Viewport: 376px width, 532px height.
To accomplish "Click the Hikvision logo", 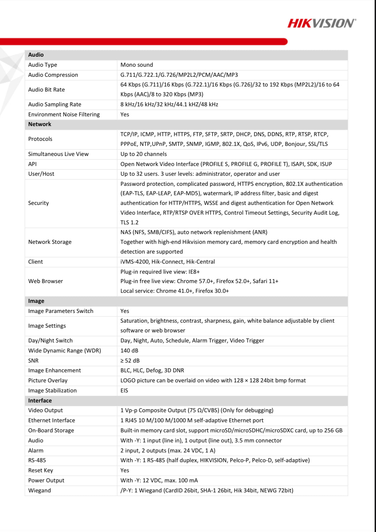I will click(x=321, y=23).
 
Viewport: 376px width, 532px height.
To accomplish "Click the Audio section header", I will click(x=36, y=55).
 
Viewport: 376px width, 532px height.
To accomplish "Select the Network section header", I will click(x=40, y=124).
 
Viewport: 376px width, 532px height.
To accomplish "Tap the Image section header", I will click(x=36, y=301).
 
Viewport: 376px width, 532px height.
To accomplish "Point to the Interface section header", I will click(x=40, y=401).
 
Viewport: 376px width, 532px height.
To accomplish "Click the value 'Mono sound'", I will click(x=137, y=65).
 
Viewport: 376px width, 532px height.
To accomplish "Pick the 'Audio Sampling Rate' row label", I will click(x=55, y=104).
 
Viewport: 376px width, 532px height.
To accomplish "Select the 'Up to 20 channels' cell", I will click(x=144, y=154).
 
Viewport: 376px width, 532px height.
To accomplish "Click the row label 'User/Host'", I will click(x=41, y=174).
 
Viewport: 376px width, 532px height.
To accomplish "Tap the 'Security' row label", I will click(x=39, y=203).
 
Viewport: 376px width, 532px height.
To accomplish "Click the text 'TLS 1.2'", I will click(x=129, y=222).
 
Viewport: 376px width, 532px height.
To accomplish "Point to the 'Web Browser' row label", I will click(x=46, y=281).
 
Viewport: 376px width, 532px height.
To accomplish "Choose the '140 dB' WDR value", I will click(x=129, y=351).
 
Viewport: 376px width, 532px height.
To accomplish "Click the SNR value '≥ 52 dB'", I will click(x=130, y=361).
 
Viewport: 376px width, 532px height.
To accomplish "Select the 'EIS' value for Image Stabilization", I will click(x=124, y=390).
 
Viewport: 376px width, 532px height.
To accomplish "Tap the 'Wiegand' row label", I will click(x=40, y=490).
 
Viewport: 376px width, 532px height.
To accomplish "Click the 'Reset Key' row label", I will click(x=41, y=470).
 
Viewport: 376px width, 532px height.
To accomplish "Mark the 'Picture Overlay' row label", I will click(x=48, y=380).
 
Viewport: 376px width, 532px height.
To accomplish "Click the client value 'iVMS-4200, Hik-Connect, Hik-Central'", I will click(x=168, y=262).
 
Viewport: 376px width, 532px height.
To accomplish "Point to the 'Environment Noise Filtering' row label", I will click(x=64, y=114).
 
